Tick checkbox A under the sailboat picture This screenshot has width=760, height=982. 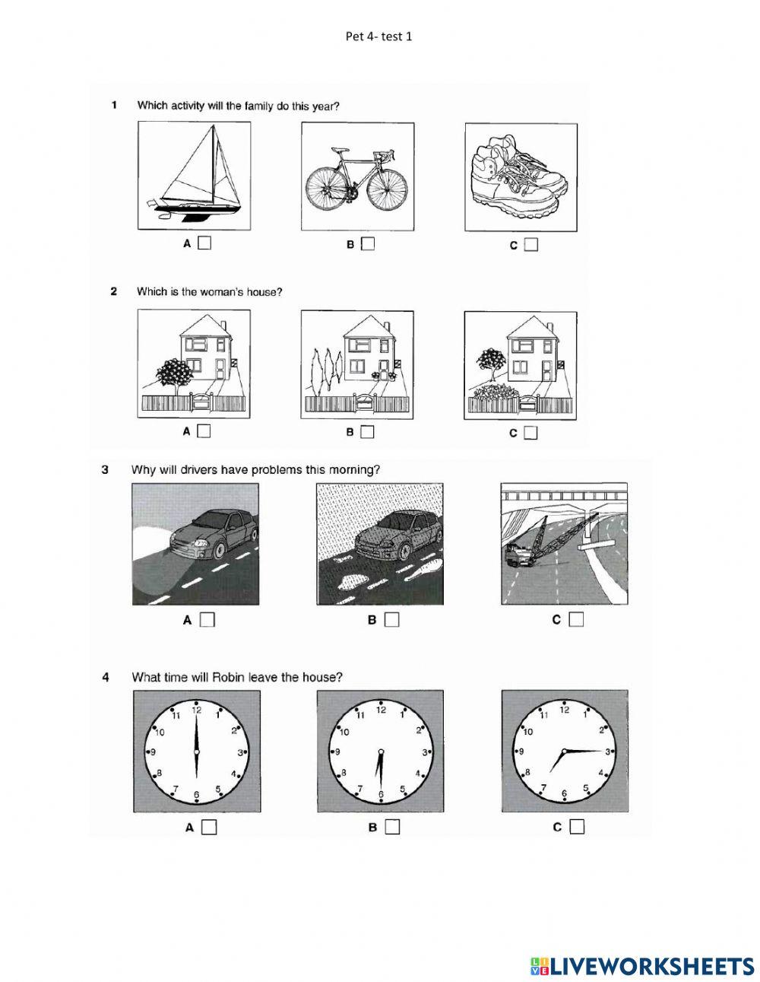click(x=204, y=243)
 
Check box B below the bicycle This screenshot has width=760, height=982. click(x=368, y=244)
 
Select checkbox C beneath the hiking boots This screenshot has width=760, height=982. click(x=530, y=245)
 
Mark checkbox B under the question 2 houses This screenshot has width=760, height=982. click(x=368, y=431)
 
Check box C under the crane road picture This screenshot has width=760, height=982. click(x=576, y=619)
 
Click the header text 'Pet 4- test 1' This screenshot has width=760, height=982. click(x=378, y=36)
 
